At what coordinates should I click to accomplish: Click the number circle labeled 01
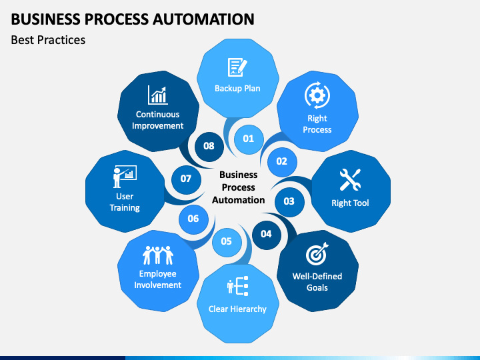249,139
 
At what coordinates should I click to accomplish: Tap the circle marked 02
282,161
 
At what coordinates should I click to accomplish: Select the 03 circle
289,201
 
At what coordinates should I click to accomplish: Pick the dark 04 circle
266,235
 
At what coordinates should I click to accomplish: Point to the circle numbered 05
227,242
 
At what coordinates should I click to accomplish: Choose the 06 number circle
193,219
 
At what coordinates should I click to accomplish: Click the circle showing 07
186,179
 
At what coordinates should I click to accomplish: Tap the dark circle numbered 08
209,146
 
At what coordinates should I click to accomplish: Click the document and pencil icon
237,67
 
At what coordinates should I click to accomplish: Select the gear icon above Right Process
317,95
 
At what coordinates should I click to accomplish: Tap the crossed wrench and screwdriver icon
350,180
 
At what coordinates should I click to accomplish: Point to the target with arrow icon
317,254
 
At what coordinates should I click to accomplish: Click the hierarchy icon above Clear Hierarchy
237,286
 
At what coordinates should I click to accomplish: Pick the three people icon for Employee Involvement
158,255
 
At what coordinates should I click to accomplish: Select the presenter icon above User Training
125,177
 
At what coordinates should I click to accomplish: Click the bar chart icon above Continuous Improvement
157,95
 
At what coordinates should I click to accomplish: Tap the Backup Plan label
237,89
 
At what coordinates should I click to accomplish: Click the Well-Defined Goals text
317,282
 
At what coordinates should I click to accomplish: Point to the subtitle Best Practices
48,40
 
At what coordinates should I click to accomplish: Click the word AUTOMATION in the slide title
203,19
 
